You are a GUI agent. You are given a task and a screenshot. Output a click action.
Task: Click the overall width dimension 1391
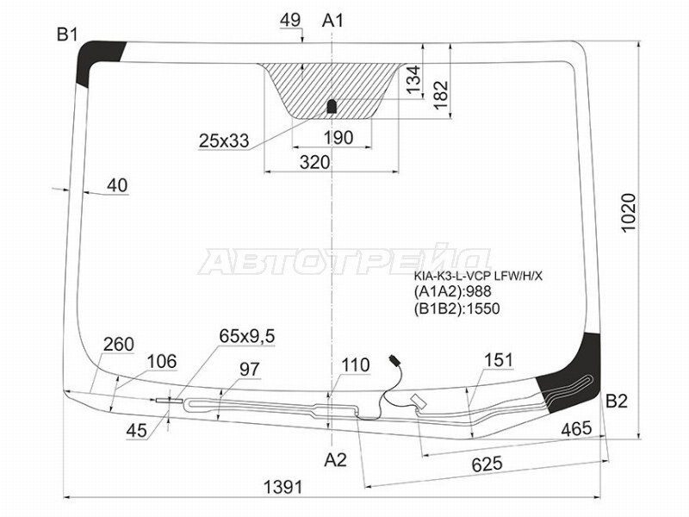pos(283,487)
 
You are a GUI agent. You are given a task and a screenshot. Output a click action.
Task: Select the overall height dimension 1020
pos(629,213)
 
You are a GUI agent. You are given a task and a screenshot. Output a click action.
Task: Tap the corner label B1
pos(67,34)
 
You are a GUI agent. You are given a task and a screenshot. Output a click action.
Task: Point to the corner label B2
pos(617,401)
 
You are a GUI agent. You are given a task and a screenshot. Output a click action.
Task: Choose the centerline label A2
pos(335,460)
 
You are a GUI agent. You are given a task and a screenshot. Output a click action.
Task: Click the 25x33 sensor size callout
pos(224,141)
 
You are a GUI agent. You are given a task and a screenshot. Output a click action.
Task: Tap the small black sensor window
pos(332,106)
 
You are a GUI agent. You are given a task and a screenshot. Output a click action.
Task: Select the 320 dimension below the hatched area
pos(314,162)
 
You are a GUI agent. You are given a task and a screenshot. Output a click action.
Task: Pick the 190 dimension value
pos(338,138)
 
